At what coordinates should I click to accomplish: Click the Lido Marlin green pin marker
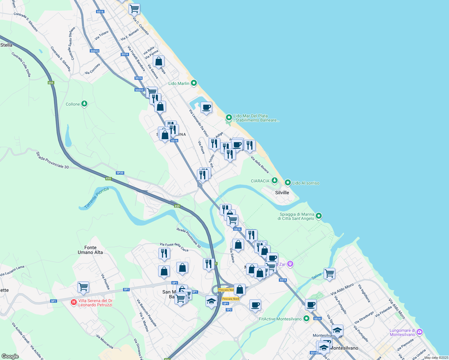click(194, 83)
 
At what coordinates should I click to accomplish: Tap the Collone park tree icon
click(85, 104)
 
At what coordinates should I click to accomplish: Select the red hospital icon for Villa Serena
click(74, 302)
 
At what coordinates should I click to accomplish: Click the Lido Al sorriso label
click(306, 183)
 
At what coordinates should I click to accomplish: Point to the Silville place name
click(282, 193)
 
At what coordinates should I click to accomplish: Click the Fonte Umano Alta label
click(90, 250)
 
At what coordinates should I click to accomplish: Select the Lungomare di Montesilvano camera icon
click(420, 332)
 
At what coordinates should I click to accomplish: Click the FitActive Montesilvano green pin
click(306, 319)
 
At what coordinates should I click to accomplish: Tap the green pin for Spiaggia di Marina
click(319, 216)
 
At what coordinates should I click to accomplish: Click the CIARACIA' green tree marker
click(274, 181)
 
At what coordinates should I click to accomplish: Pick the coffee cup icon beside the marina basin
click(206, 107)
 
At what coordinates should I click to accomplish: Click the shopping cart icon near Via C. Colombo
click(134, 8)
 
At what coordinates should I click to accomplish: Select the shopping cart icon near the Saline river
click(329, 273)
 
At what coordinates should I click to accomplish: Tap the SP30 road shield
click(120, 173)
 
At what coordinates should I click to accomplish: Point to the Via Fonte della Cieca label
click(174, 247)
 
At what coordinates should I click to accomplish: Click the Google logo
click(10, 356)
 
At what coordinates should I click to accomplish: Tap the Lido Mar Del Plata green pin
click(229, 117)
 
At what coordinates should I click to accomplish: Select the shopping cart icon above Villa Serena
click(83, 287)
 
